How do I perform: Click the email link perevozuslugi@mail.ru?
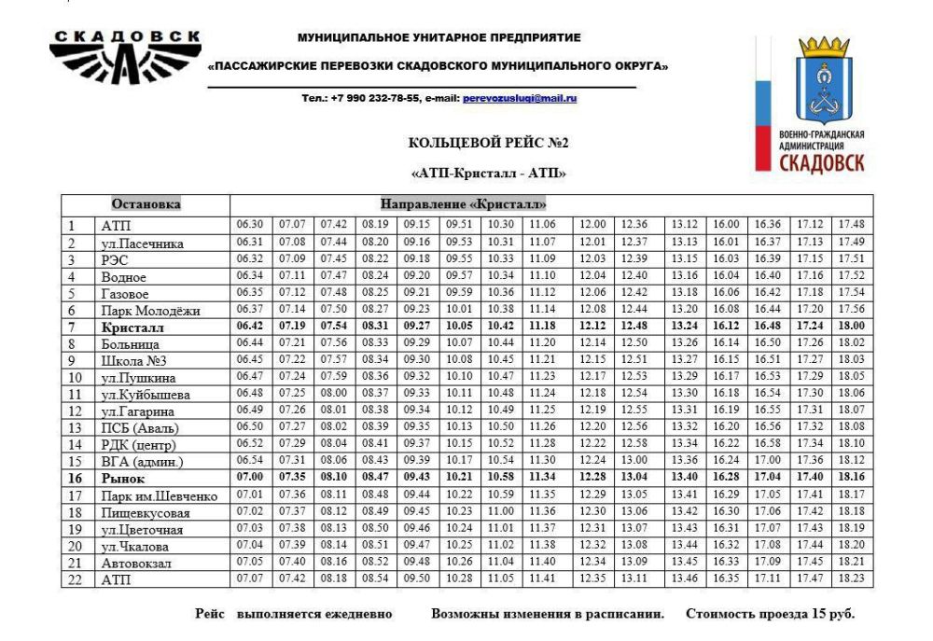(520, 98)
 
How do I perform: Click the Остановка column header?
(146, 204)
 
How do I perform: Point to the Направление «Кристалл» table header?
(463, 204)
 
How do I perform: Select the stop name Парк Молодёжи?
(146, 311)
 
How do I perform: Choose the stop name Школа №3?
(131, 361)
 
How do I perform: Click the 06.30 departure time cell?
(250, 225)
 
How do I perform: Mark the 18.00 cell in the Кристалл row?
(850, 327)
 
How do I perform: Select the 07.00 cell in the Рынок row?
(250, 478)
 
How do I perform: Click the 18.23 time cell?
(850, 579)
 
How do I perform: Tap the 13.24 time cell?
(684, 327)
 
